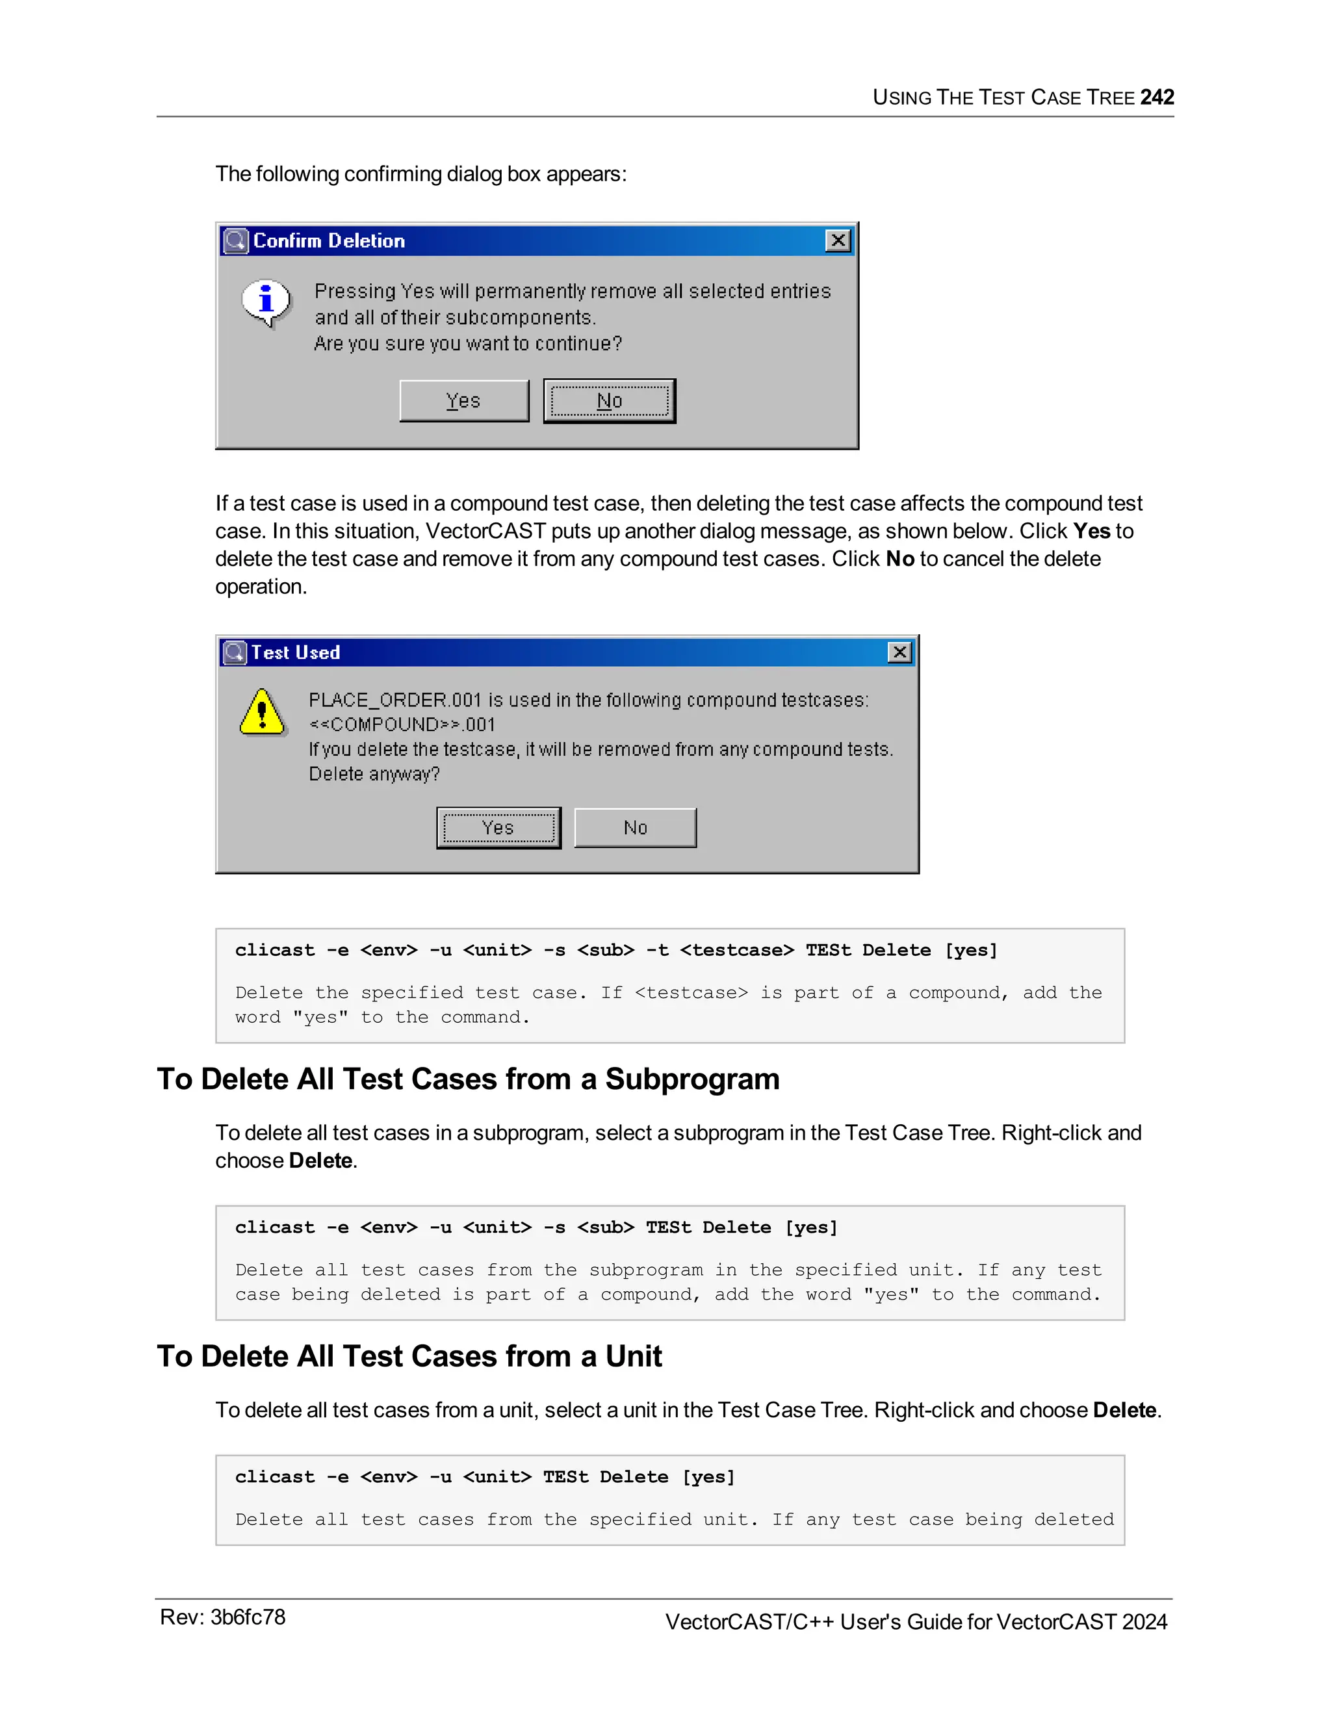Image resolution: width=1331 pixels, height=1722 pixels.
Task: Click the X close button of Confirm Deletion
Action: coord(837,240)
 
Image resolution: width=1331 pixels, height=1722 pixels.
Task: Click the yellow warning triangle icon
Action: coord(262,713)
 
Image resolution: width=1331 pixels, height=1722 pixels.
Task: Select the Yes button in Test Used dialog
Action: coord(498,828)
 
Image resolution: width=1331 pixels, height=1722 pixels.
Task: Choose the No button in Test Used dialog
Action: coord(635,828)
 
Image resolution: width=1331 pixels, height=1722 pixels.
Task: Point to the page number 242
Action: coord(1157,97)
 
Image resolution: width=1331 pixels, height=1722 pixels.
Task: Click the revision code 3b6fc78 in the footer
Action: coord(248,1617)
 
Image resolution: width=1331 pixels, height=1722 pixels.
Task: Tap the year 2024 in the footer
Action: coord(1144,1622)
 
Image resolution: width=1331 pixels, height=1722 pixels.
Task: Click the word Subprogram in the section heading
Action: coord(691,1079)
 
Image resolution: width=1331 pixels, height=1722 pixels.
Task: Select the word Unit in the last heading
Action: coord(633,1356)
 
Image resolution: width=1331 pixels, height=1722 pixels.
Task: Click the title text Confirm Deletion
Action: coord(329,240)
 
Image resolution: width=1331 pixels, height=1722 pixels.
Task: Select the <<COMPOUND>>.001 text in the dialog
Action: coord(402,725)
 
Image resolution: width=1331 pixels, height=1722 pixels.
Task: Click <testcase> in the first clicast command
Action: coord(736,950)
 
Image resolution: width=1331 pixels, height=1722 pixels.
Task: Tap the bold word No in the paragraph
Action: coord(899,559)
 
